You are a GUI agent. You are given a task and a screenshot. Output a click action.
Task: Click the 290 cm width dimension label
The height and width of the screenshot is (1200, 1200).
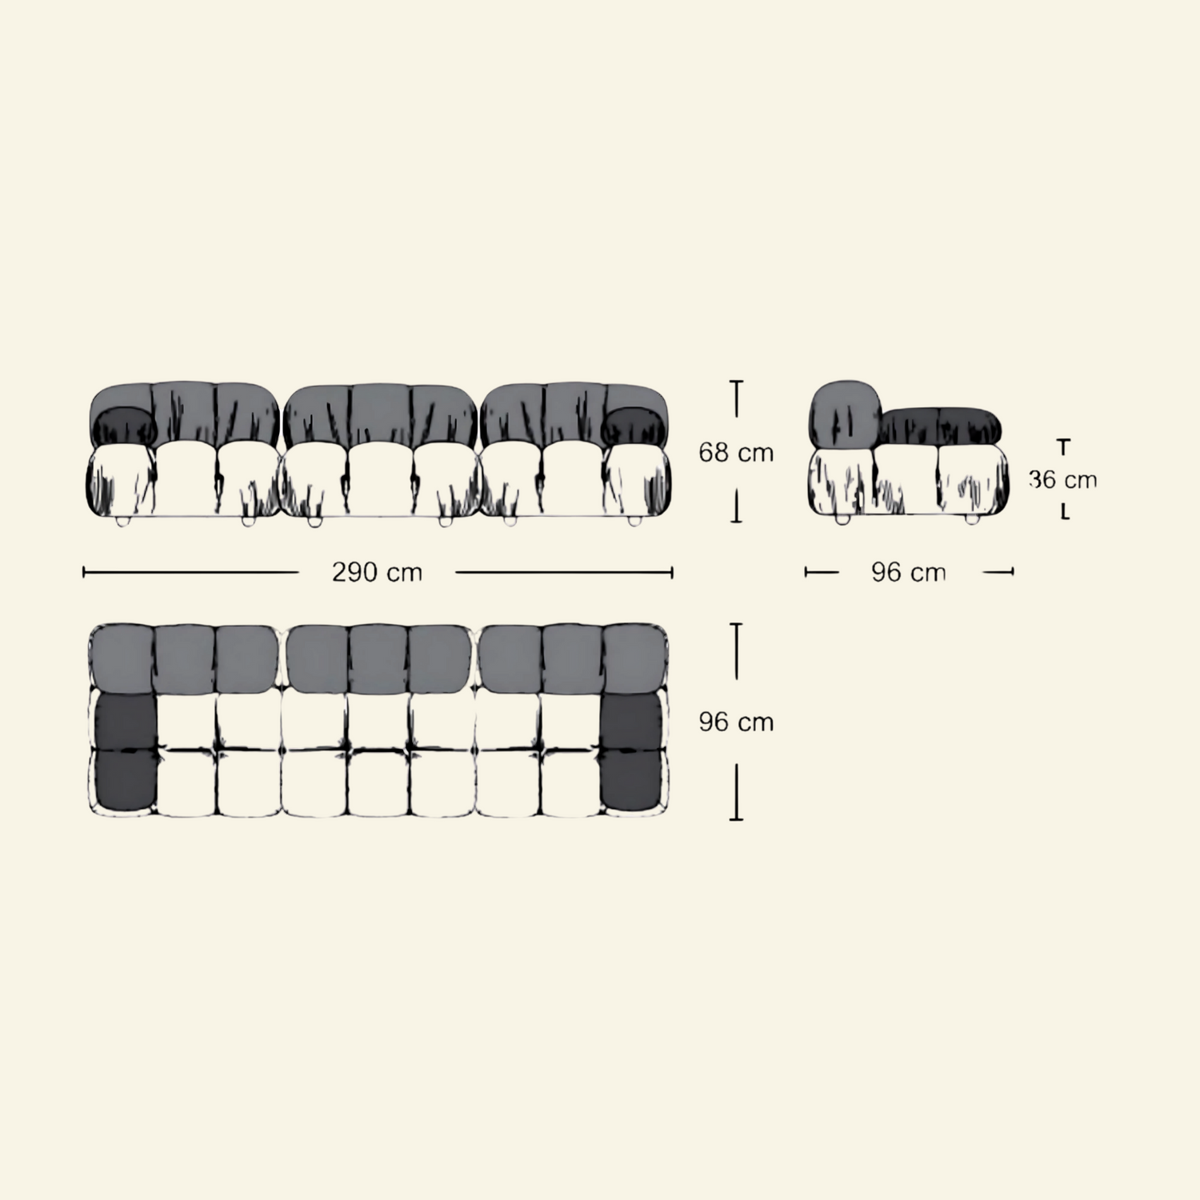click(377, 573)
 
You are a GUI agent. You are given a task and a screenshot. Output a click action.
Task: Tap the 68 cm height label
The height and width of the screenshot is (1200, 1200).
click(736, 453)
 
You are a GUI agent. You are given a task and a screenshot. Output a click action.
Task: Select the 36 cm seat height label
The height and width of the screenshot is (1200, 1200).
click(1063, 480)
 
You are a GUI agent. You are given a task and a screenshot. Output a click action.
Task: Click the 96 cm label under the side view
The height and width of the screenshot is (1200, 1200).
click(909, 573)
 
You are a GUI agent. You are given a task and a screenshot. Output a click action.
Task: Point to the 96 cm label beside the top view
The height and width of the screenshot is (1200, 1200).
click(736, 722)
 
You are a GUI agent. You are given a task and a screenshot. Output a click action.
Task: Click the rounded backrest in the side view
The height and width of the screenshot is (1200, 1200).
click(844, 414)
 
